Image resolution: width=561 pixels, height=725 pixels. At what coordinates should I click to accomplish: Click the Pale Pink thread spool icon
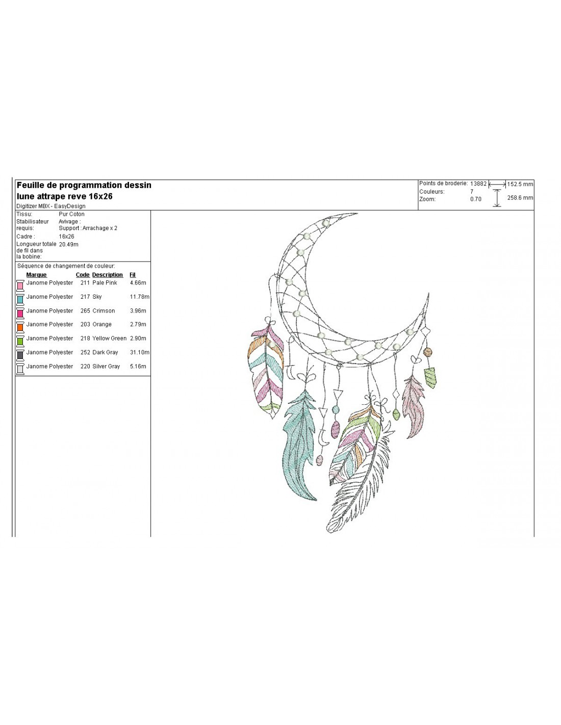click(20, 286)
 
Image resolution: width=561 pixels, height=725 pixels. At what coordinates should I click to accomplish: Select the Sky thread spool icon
click(20, 299)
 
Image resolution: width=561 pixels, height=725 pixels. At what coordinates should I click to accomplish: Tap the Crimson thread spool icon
click(20, 313)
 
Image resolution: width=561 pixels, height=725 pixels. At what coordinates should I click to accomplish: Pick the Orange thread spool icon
click(20, 327)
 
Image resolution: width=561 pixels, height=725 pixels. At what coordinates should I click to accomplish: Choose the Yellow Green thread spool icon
click(20, 341)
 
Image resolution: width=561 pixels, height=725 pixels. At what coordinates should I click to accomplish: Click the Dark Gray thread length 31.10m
click(140, 352)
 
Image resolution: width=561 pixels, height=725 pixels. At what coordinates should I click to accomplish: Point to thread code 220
click(85, 367)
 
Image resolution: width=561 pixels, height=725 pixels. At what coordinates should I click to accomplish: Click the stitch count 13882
click(478, 184)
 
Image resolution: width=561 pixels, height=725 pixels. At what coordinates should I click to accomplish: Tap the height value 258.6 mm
click(520, 198)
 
